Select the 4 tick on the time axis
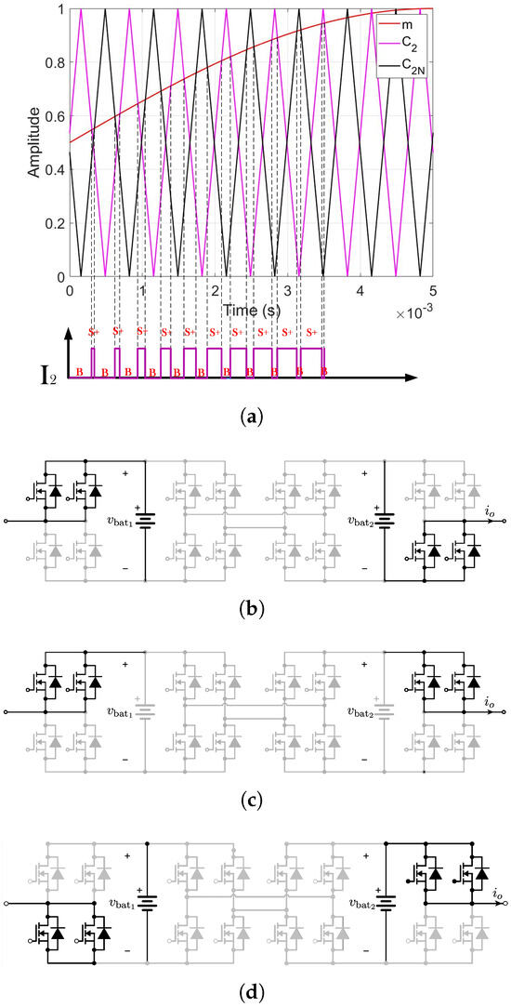point(360,291)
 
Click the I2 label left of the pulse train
point(41,378)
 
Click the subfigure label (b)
point(255,610)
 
